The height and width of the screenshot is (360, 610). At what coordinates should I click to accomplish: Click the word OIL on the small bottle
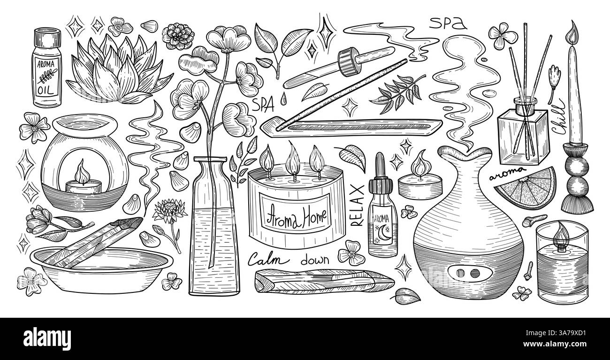point(46,90)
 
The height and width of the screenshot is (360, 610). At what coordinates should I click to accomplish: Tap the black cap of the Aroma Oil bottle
point(47,37)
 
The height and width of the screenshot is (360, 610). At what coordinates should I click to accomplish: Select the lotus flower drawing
point(119,70)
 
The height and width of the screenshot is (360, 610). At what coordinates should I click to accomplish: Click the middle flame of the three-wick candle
point(294,159)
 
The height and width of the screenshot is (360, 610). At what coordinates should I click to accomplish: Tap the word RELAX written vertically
point(357,205)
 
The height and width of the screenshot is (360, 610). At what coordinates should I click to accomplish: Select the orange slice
point(526,189)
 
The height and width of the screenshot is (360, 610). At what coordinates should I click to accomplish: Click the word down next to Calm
point(315,260)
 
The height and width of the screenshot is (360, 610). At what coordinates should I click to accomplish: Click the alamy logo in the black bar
point(47,339)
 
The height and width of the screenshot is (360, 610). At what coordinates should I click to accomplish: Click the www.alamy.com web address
point(555,344)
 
